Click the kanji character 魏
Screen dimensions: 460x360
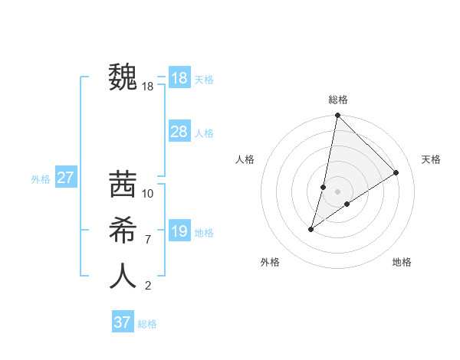click(123, 77)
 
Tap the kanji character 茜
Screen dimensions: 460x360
click(123, 185)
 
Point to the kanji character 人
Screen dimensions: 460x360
click(123, 277)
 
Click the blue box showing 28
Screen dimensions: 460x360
click(179, 132)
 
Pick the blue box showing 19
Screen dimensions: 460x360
click(179, 231)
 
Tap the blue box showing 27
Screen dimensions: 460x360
click(65, 178)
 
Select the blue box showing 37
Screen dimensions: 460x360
click(123, 322)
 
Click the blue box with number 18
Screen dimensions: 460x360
click(179, 78)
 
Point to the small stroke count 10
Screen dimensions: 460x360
click(148, 194)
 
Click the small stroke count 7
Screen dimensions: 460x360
click(147, 240)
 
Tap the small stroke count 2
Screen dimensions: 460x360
click(147, 286)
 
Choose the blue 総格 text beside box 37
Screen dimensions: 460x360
click(147, 324)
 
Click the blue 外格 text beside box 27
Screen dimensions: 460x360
click(41, 179)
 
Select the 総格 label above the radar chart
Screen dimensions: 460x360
click(337, 100)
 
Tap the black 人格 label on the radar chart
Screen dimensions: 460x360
click(245, 159)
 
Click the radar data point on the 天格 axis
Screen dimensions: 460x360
click(396, 173)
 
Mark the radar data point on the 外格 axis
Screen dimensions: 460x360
click(311, 229)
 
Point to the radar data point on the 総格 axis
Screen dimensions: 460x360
click(337, 116)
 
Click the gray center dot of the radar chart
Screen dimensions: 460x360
click(337, 191)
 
